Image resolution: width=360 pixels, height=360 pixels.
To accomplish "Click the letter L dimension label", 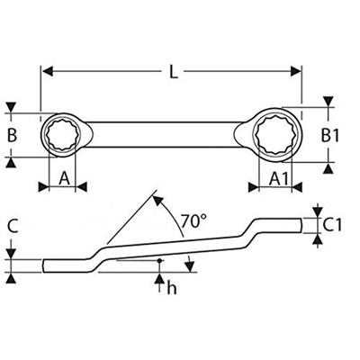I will point(173,72).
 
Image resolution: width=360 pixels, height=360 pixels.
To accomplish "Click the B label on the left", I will point(12,137).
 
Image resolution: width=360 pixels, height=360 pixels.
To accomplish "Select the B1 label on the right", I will point(331,137).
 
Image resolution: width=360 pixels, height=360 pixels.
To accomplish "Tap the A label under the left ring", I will point(65,178).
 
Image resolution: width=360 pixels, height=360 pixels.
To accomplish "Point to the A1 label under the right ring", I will point(280,178).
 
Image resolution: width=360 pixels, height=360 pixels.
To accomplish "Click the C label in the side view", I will point(11,227).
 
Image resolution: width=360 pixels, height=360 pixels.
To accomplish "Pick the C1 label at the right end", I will point(332,224).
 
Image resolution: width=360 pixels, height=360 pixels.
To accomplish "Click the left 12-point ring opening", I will point(64,137).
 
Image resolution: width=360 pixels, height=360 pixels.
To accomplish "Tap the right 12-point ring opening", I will point(277,137).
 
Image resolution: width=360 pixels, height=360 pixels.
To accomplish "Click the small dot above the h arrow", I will point(160,261).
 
